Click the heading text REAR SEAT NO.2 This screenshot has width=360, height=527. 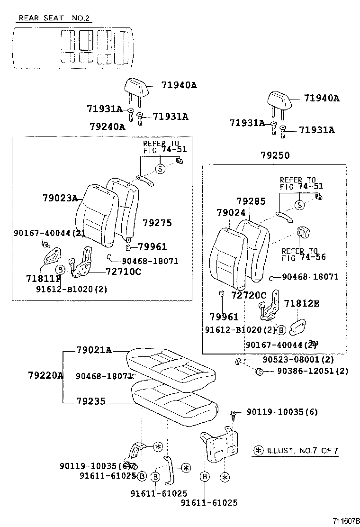(54, 18)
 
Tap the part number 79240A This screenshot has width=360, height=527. (107, 127)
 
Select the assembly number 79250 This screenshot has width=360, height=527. (275, 155)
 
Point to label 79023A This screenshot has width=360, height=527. (60, 198)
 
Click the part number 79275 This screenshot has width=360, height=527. (157, 223)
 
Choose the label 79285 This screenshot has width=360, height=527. (251, 201)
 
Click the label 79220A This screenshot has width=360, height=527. (45, 376)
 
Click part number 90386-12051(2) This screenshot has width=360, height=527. (313, 371)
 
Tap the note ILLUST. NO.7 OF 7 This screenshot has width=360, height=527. (296, 450)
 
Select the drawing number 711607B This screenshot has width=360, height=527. (346, 520)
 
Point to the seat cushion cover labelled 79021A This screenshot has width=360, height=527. (168, 363)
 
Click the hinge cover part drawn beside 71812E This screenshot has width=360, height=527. (299, 327)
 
